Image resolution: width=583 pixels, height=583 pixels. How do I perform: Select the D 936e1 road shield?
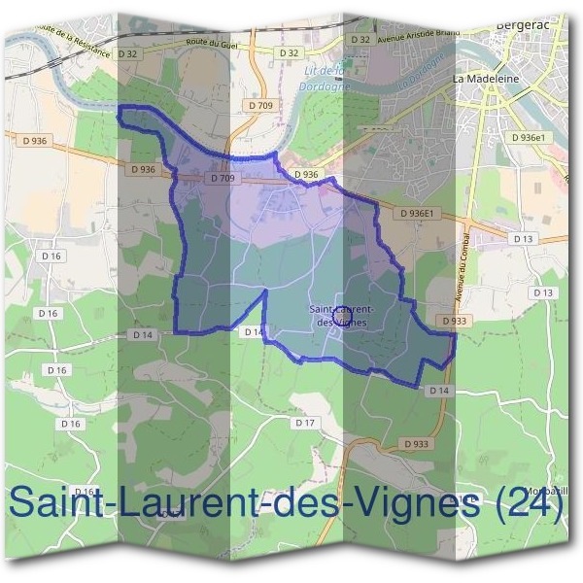[531, 138]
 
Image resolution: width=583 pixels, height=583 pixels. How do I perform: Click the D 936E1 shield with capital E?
[420, 213]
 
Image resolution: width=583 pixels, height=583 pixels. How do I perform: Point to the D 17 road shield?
[305, 423]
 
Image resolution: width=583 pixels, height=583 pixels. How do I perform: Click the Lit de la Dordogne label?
[326, 77]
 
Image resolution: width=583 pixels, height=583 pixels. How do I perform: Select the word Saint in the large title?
[58, 503]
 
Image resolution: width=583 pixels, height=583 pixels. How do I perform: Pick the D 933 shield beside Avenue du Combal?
[453, 320]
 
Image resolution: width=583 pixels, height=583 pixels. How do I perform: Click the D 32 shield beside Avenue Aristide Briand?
[360, 40]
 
